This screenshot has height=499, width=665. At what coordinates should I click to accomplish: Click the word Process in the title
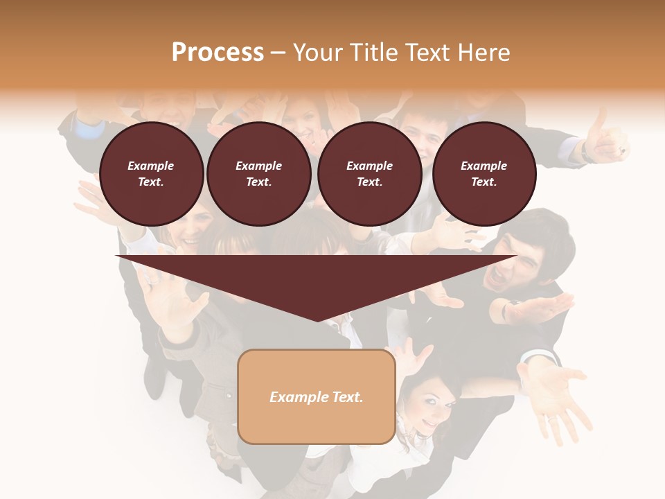point(218,53)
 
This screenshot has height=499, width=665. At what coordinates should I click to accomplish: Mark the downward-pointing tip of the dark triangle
point(317,320)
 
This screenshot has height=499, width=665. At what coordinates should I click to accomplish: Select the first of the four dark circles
point(152,174)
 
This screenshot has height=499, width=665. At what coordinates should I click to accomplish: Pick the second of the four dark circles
point(259,174)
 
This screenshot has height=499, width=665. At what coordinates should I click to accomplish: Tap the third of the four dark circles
point(370,174)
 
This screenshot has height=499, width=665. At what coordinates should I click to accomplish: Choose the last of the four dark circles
point(484,174)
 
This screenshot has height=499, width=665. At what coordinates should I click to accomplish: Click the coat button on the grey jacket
point(229,395)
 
